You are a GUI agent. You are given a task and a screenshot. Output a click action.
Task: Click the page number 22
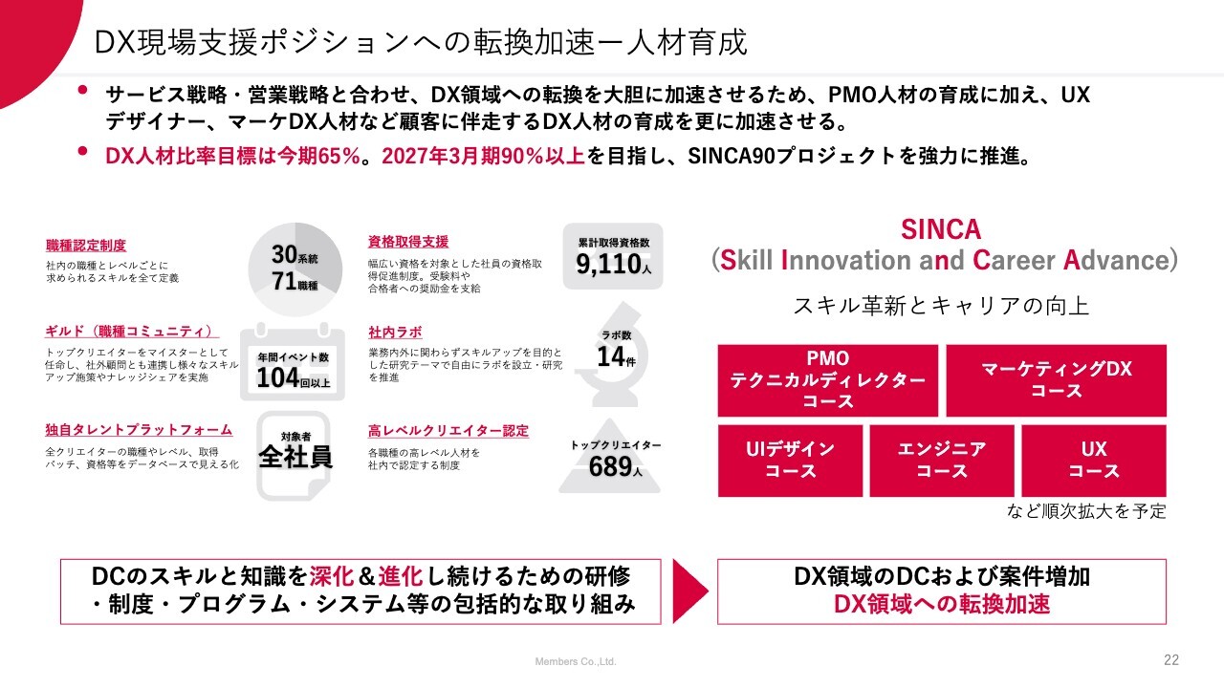1171,660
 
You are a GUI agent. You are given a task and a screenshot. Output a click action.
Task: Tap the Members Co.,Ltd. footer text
576,662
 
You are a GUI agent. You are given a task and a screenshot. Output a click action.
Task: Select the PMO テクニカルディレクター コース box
828,380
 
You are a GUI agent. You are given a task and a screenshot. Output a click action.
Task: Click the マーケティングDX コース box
1057,380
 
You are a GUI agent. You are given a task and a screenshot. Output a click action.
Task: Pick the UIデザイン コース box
790,461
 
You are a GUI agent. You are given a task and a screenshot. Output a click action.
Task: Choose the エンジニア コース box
942,461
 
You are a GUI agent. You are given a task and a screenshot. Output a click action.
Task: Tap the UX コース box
1094,461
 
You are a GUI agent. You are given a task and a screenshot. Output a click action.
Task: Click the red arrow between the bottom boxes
688,591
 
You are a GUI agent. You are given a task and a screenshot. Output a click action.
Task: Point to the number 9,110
608,265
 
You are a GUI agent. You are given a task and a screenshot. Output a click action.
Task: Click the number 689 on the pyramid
610,467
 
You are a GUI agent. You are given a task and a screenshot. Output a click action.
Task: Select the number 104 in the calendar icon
277,377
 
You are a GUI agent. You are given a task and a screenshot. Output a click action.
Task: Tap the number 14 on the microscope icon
610,356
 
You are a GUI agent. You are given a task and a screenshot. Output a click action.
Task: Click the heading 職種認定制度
86,246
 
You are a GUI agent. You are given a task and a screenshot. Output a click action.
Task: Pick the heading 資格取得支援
408,242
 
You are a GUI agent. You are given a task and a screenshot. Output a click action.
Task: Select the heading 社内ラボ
395,332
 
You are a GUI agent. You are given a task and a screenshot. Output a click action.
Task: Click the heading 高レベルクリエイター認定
448,431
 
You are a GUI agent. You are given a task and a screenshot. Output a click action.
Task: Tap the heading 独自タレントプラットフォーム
139,430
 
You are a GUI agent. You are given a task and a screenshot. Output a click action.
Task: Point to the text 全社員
295,457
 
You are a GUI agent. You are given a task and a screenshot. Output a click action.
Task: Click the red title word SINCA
941,229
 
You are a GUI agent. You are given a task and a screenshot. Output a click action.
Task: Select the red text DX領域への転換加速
942,604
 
